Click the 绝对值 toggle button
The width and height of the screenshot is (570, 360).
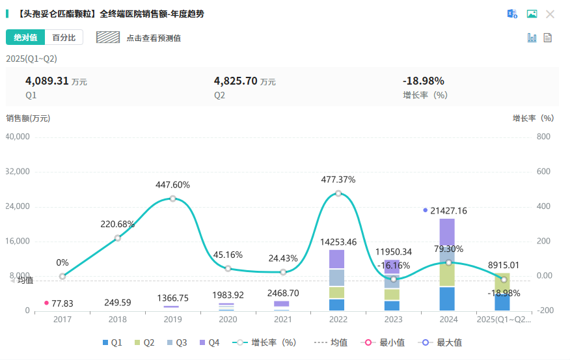pyautogui.click(x=25, y=38)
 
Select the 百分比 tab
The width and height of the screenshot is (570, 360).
pyautogui.click(x=64, y=38)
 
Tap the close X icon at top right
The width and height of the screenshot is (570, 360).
pyautogui.click(x=550, y=14)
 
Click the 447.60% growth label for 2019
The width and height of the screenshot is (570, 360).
pyautogui.click(x=172, y=185)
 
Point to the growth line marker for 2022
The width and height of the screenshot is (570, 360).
pyautogui.click(x=338, y=193)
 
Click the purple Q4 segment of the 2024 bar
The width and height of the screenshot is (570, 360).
pyautogui.click(x=447, y=231)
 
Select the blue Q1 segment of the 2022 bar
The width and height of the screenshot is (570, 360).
pyautogui.click(x=336, y=305)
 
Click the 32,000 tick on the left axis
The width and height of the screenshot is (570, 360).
pyautogui.click(x=18, y=172)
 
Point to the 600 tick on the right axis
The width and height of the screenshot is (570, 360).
pyautogui.click(x=544, y=172)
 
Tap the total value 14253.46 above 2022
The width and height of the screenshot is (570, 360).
pyautogui.click(x=338, y=242)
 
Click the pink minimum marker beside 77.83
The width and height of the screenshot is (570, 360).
pyautogui.click(x=46, y=303)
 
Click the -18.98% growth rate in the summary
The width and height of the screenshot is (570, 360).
pyautogui.click(x=424, y=81)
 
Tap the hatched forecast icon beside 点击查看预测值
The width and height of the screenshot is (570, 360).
pyautogui.click(x=108, y=38)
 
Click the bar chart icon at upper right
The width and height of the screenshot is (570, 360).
pyautogui.click(x=532, y=37)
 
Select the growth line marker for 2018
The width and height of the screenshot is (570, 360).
pyautogui.click(x=118, y=238)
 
